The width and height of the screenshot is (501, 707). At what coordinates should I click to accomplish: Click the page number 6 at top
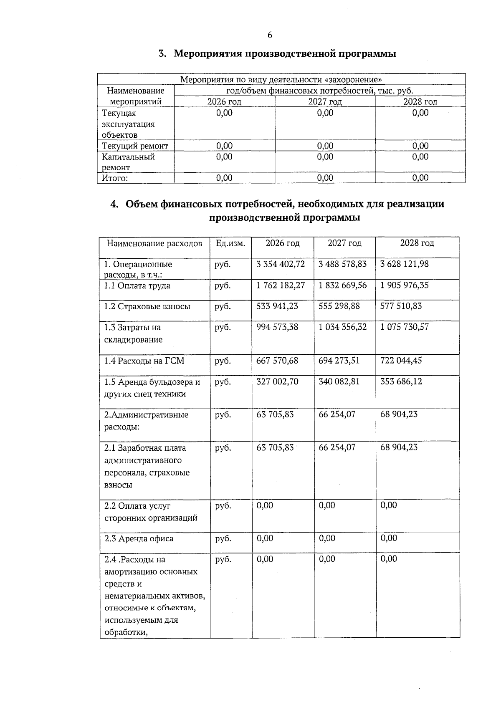[x=270, y=35]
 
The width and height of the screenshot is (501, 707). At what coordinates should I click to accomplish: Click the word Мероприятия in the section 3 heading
[x=207, y=54]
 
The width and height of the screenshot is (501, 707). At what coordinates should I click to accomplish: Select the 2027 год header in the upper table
[x=325, y=102]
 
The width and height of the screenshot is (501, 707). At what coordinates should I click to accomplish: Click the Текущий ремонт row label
[x=135, y=146]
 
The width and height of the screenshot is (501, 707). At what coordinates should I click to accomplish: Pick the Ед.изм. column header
[x=230, y=243]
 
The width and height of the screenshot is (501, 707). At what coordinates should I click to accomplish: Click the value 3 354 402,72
[x=281, y=264]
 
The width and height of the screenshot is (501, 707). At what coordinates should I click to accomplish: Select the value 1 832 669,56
[x=342, y=285]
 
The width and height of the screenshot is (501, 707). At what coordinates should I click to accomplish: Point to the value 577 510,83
[x=401, y=306]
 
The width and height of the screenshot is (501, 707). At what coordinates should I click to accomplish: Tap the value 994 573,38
[x=277, y=327]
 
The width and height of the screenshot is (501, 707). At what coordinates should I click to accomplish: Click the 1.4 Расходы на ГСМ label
[x=144, y=361]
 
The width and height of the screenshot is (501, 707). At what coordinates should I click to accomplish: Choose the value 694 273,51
[x=339, y=361]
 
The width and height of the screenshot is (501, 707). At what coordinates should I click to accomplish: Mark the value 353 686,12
[x=401, y=381]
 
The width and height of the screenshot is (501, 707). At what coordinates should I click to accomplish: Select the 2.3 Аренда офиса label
[x=139, y=539]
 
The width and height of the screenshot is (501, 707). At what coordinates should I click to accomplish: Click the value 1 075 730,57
[x=404, y=327]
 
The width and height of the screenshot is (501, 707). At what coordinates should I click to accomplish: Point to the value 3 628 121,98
[x=404, y=264]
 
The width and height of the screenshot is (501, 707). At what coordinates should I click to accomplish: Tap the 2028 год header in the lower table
[x=417, y=243]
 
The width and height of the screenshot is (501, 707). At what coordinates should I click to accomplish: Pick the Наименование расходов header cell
[x=154, y=243]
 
